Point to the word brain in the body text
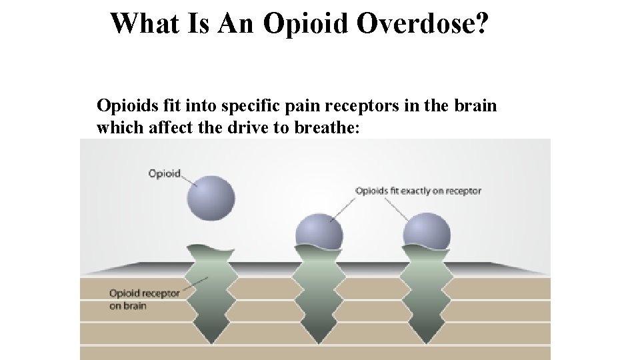pos(476,105)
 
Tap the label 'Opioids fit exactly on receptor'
pos(418,191)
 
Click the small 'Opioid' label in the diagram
pos(164,174)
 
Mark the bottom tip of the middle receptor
pos(319,341)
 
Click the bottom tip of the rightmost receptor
pos(427,341)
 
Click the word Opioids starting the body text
pos(124,105)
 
